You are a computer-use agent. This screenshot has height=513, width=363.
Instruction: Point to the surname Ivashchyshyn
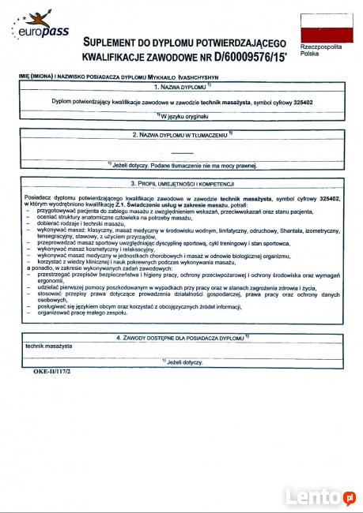(207, 77)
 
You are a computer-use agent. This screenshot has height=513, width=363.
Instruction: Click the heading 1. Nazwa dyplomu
(182, 88)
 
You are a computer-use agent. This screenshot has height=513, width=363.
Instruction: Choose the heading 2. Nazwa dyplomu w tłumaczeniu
(182, 135)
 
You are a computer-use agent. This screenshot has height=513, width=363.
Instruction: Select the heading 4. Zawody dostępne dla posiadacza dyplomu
(182, 337)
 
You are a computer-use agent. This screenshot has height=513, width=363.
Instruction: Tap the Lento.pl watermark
(320, 496)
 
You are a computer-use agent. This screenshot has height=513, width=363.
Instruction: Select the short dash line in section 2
(182, 151)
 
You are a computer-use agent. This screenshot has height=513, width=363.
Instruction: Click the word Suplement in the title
(112, 41)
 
